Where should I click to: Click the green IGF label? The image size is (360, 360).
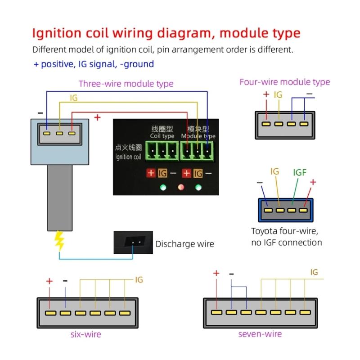point(300,172)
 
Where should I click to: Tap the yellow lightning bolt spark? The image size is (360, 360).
point(59,241)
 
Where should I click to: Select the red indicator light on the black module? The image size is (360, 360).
point(181,187)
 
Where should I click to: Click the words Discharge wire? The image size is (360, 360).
point(184,244)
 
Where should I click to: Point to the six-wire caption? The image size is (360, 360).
point(85,334)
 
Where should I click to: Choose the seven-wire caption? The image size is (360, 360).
point(260,334)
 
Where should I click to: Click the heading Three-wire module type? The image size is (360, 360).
point(126,84)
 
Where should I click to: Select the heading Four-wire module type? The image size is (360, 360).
point(285,82)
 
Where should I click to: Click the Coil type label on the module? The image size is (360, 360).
point(162,136)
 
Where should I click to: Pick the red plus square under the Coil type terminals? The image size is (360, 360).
point(151,173)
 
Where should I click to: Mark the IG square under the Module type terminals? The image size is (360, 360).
point(198,173)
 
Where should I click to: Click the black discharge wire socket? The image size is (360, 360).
point(133,243)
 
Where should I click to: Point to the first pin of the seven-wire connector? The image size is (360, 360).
point(216,312)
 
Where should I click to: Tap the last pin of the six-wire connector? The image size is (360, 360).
point(125,313)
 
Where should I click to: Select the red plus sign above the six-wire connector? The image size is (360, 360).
point(49,281)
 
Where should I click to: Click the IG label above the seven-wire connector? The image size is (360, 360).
point(314,272)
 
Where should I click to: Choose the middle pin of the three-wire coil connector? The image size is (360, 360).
point(59,133)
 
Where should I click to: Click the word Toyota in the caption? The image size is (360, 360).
point(265,231)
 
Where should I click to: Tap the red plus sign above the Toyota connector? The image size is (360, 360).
point(313,182)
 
